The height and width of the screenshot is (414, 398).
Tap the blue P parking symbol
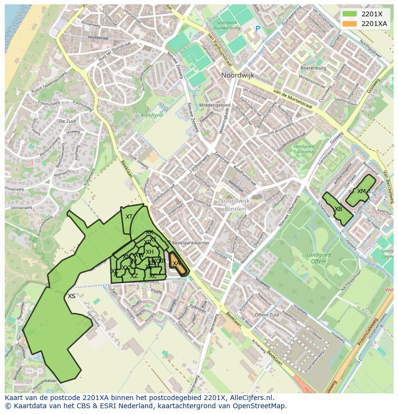click(258, 29)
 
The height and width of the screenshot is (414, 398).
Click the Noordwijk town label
click(237, 75)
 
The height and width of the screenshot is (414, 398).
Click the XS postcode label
click(71, 296)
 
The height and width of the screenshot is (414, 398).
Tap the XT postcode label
click(129, 217)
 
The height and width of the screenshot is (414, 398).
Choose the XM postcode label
click(361, 191)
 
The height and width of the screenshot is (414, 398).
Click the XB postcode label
click(338, 209)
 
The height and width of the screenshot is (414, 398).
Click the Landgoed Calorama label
click(303, 149)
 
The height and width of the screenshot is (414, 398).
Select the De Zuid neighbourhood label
click(68, 121)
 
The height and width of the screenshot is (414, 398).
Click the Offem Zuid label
click(266, 315)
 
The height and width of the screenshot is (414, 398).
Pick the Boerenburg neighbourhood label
click(313, 68)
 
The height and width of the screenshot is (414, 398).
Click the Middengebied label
click(214, 105)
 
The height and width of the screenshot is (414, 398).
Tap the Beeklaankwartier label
click(191, 243)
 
